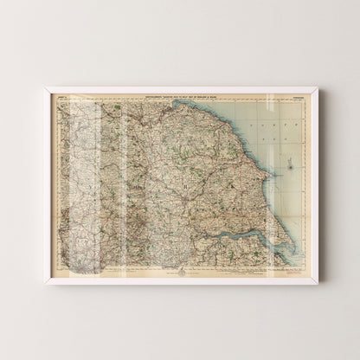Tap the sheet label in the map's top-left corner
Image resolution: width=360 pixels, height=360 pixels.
pyautogui.click(x=62, y=95)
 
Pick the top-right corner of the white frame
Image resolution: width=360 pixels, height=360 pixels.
pyautogui.click(x=318, y=87)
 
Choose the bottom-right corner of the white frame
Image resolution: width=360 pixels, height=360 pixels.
pyautogui.click(x=318, y=282)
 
